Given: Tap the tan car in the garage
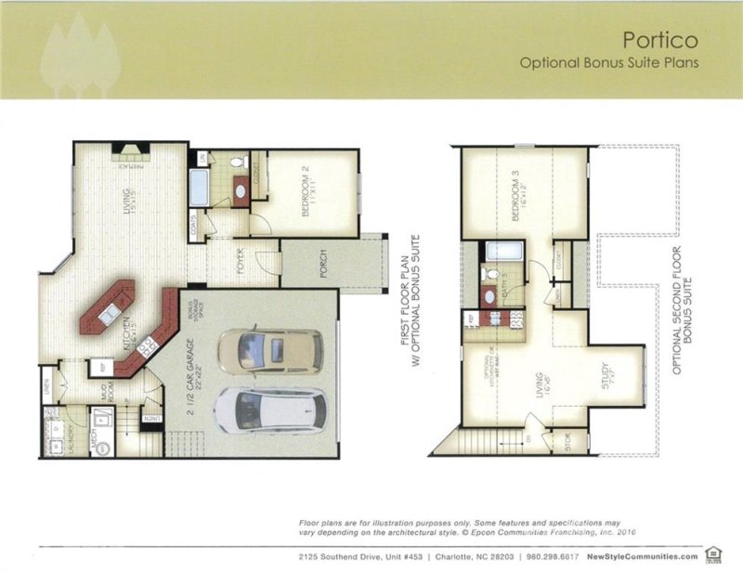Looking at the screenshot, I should pyautogui.click(x=270, y=353).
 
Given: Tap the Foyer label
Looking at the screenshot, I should pyautogui.click(x=239, y=264).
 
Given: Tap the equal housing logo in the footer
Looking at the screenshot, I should pyautogui.click(x=713, y=554).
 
